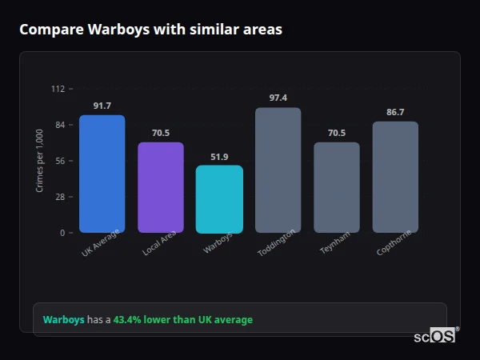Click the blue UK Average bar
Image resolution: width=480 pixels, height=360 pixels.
tap(102, 174)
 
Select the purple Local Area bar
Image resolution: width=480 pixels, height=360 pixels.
tap(161, 187)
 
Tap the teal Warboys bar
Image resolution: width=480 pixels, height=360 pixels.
tap(219, 199)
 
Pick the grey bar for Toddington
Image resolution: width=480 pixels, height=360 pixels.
tap(278, 170)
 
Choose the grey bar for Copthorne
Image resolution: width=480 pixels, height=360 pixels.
tap(395, 177)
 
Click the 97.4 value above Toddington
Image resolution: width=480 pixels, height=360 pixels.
tap(278, 98)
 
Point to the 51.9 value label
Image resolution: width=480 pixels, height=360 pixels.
tap(219, 157)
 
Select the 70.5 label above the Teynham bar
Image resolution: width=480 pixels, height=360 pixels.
tap(336, 133)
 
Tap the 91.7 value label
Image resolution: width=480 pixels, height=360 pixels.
tap(102, 106)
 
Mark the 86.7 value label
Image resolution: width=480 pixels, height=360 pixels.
tap(395, 112)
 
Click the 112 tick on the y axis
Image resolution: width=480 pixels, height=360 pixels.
tap(58, 89)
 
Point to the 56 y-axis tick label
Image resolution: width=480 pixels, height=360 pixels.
tap(59, 161)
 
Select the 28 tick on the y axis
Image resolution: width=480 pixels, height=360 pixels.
tap(59, 197)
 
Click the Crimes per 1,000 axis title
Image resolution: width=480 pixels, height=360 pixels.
tap(40, 161)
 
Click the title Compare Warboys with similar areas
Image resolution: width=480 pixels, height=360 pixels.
tap(150, 30)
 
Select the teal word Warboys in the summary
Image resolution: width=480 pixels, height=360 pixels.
tap(63, 320)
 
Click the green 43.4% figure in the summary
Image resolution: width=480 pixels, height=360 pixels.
tap(128, 320)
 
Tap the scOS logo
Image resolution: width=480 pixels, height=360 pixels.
tap(435, 336)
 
